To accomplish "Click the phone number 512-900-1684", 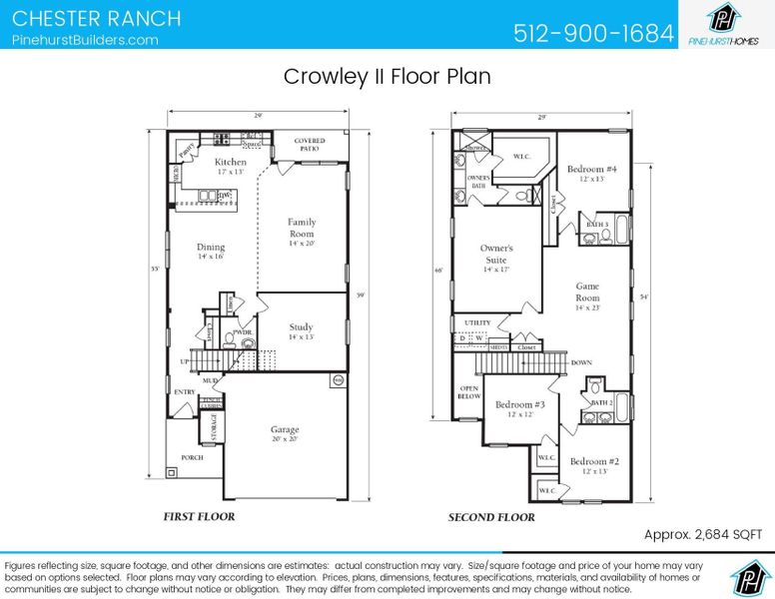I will point(593,33).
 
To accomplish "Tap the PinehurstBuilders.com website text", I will point(85,40).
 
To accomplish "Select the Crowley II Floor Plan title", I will point(387,77).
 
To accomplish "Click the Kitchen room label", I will point(230,163).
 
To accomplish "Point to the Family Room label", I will point(302,229).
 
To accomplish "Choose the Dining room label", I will point(211,248).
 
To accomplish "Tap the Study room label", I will point(301,327).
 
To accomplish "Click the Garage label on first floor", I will point(285,430).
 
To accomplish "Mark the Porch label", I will point(192,457).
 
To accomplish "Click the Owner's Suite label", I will point(496,254).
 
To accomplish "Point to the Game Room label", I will point(587,292).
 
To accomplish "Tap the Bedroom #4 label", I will point(592,170).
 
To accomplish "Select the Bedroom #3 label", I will point(520,404).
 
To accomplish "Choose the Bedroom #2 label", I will point(595,461).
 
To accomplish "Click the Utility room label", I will point(477,323).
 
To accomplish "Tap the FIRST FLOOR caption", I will point(200,517).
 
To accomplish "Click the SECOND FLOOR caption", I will point(490,517).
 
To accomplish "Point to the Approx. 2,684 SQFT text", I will point(703,535).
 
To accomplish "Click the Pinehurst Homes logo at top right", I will point(725,24).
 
